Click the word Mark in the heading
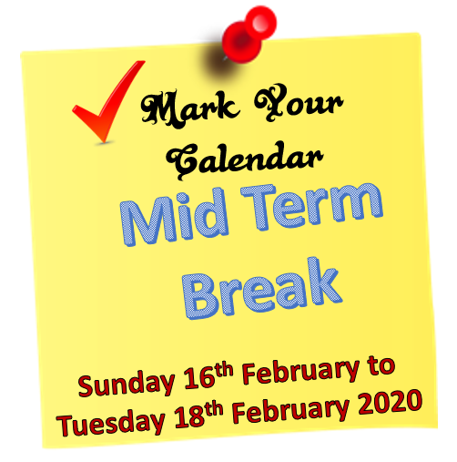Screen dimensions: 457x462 188,108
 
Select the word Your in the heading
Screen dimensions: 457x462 299,103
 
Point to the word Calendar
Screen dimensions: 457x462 245,160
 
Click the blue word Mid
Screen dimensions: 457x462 174,216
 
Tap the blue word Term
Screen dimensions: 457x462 312,207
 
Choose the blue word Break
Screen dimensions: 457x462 263,289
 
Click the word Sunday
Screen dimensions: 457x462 126,384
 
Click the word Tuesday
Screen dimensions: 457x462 111,422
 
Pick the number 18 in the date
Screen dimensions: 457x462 189,416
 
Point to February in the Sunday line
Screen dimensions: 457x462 300,375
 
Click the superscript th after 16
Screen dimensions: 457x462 225,371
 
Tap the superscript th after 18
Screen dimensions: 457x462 214,409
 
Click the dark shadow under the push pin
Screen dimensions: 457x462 219,62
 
